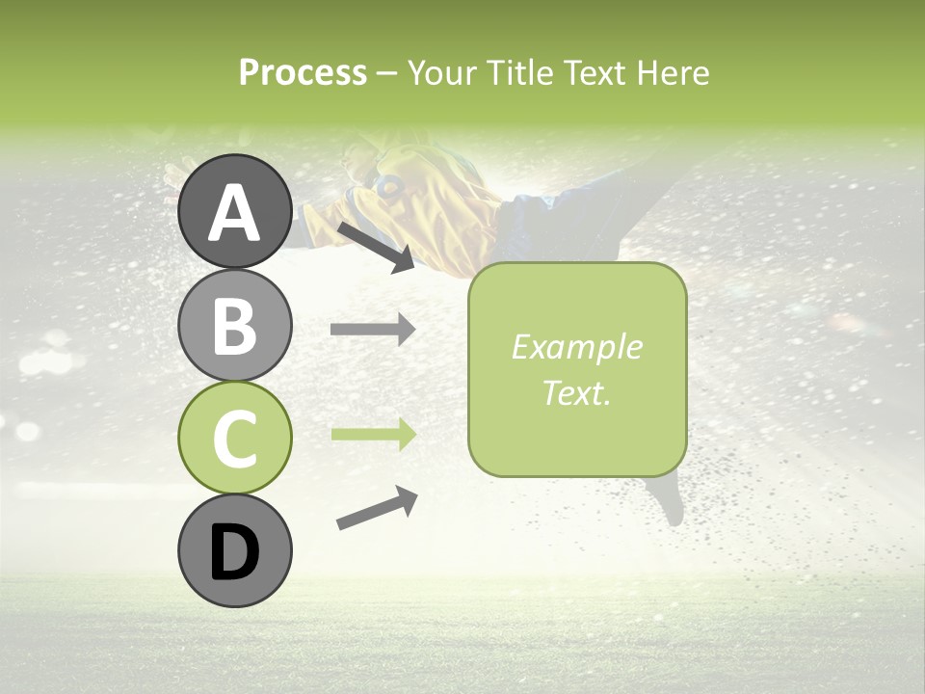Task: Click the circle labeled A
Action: point(234,211)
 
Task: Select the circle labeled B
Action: point(234,325)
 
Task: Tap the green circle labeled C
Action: point(234,438)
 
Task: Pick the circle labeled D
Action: point(234,550)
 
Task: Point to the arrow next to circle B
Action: point(373,330)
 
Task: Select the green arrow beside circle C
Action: point(373,435)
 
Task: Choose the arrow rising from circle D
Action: point(377,508)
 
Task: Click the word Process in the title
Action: point(303,72)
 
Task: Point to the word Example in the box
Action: point(576,347)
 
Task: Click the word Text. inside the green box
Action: point(576,392)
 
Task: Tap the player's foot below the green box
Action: point(671,501)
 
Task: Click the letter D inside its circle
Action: point(234,552)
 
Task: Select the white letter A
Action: point(234,213)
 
